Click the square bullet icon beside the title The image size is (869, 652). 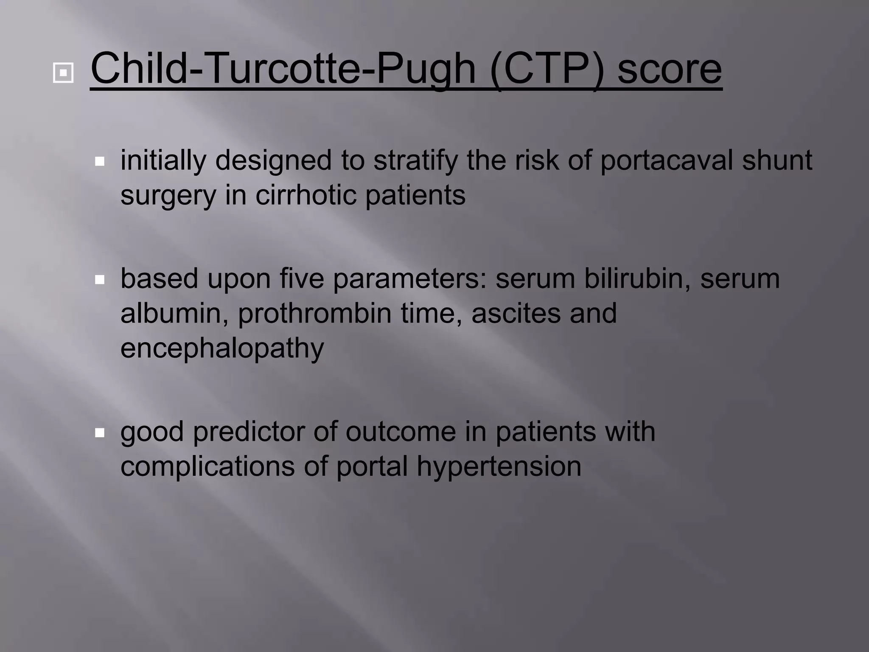[63, 73]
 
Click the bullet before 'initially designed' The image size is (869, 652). [100, 161]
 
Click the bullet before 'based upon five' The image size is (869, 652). [100, 280]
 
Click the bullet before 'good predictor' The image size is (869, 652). [100, 433]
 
